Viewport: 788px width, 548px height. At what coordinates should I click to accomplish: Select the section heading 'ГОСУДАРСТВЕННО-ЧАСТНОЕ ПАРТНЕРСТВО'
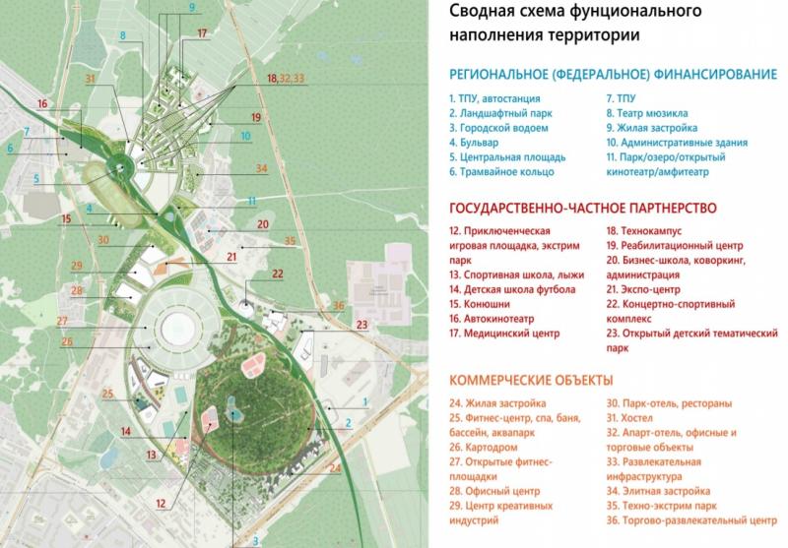point(581,208)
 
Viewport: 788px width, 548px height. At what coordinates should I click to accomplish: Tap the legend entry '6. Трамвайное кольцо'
point(500,171)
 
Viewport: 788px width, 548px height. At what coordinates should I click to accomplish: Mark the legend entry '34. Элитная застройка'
point(658,489)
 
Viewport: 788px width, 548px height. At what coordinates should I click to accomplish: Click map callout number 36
point(339,305)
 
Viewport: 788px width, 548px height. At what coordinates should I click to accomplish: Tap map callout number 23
point(361,324)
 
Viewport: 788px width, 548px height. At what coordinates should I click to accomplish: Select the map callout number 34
point(261,168)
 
